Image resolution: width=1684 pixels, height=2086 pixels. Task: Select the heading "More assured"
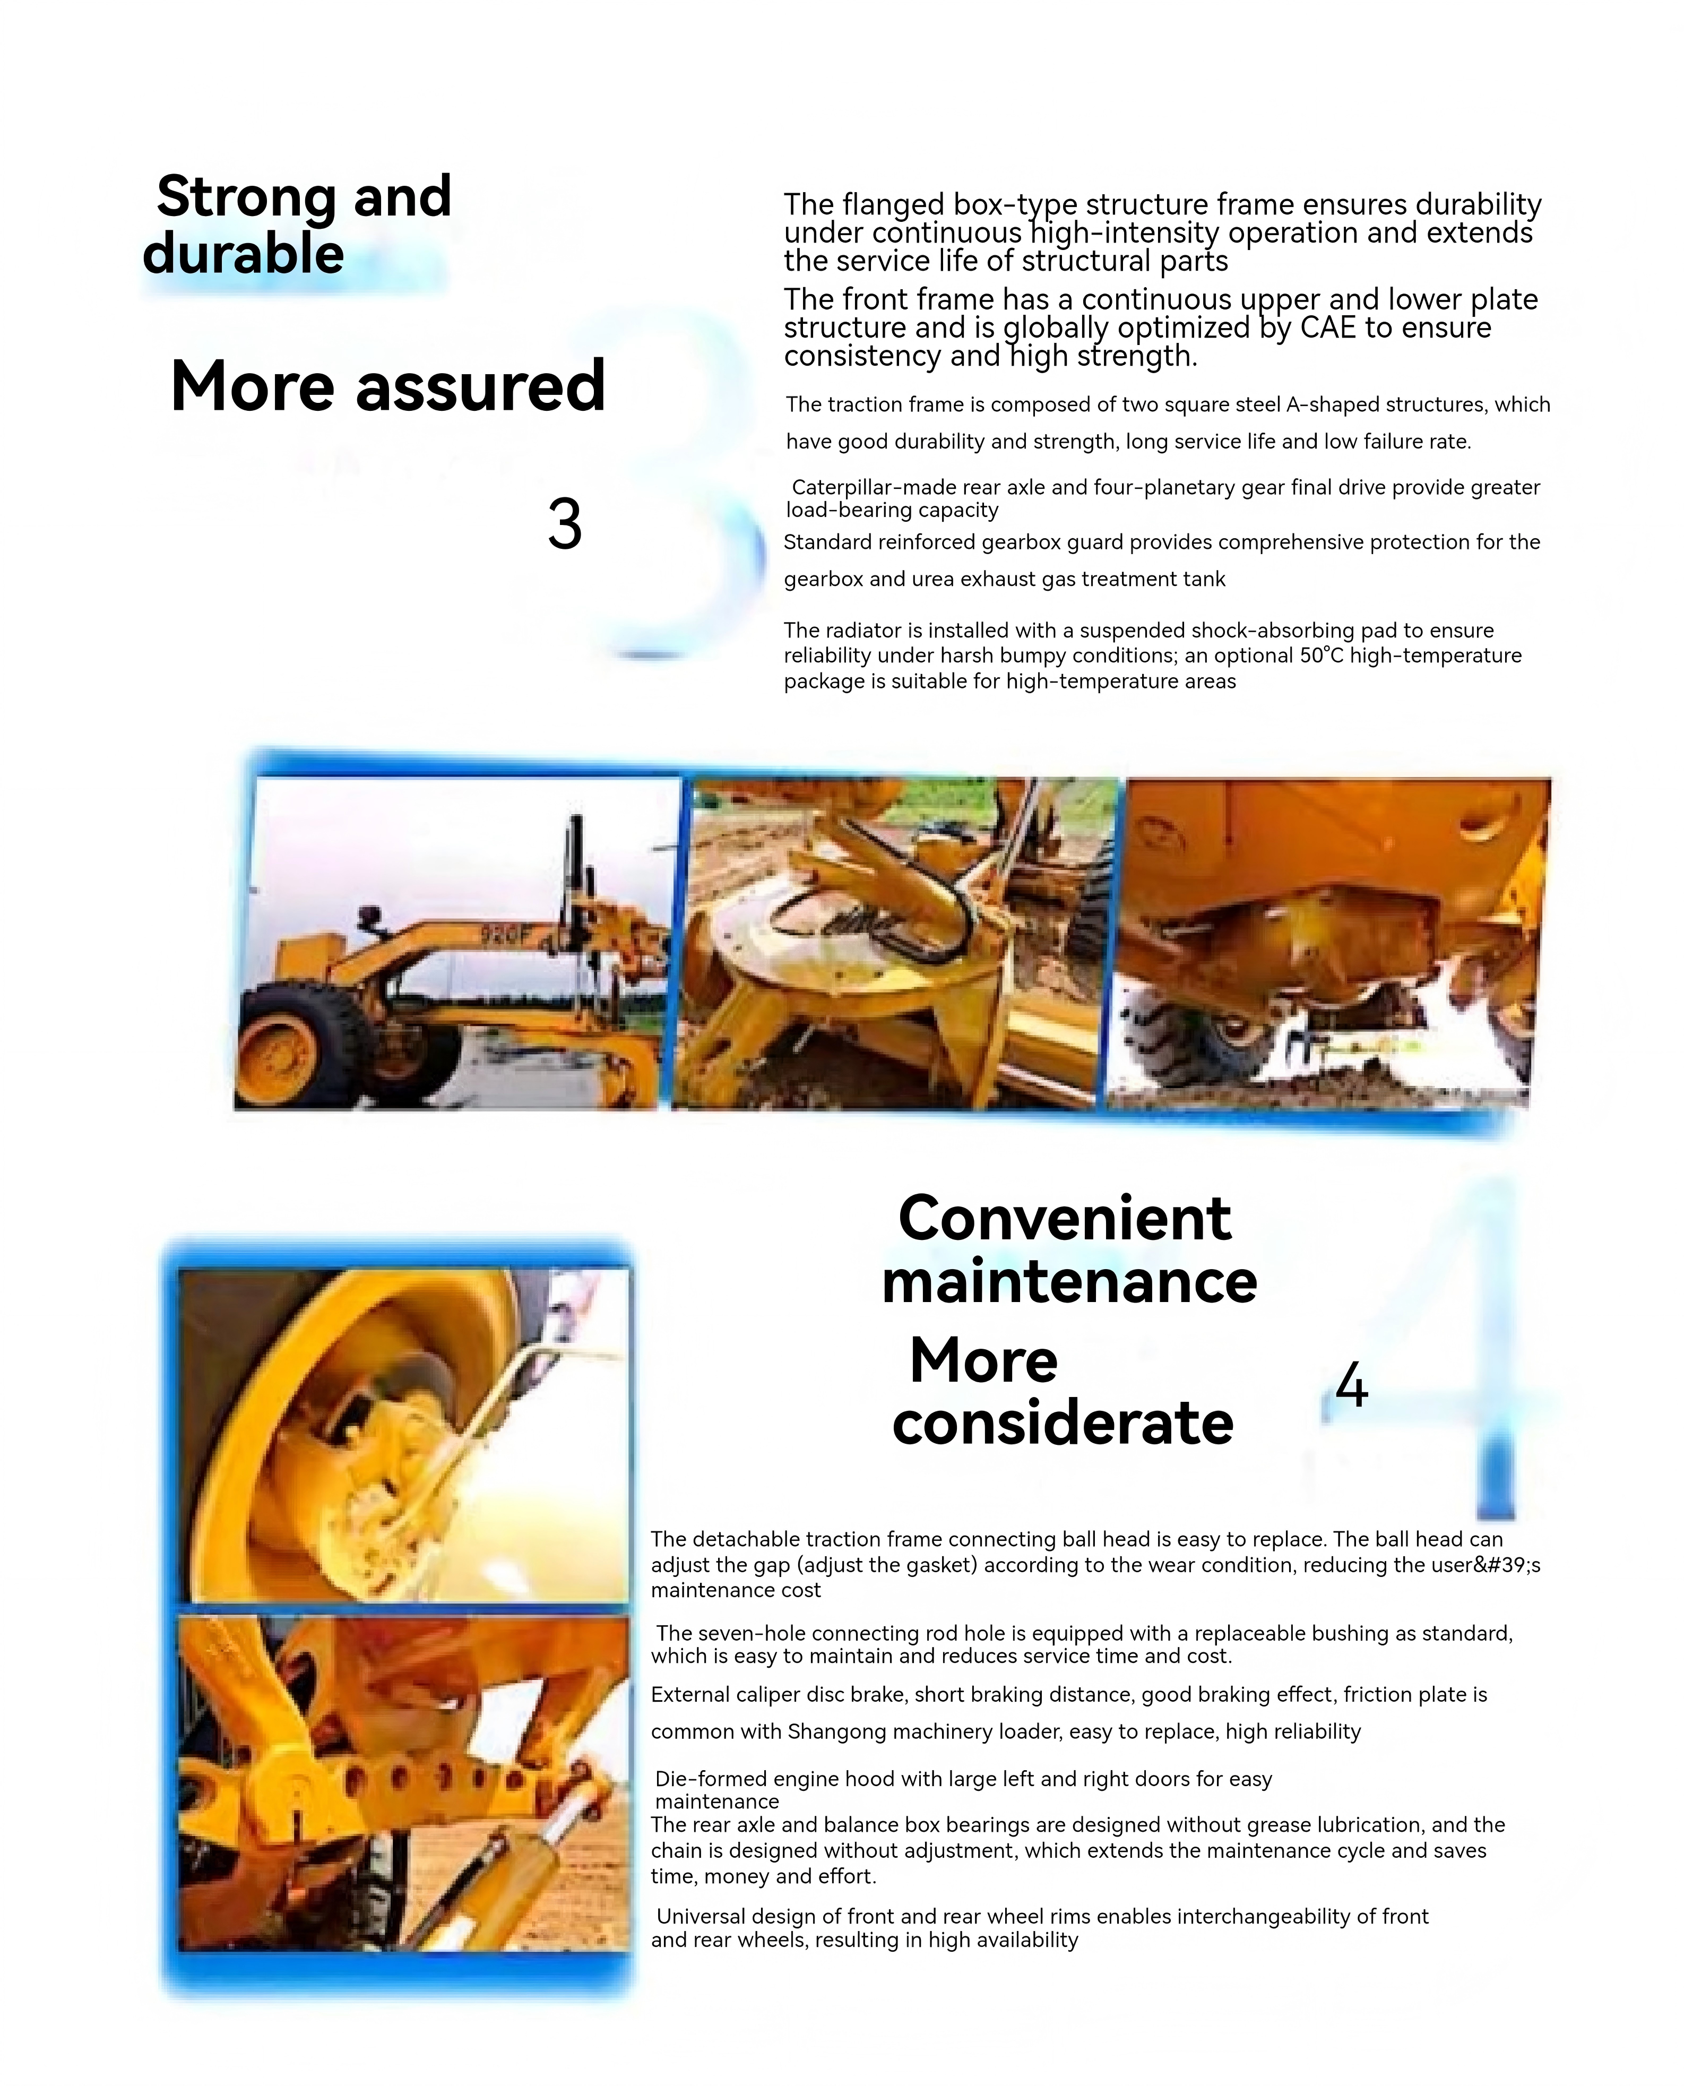pos(388,386)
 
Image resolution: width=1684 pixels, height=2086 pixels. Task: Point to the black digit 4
pos(1351,1385)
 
